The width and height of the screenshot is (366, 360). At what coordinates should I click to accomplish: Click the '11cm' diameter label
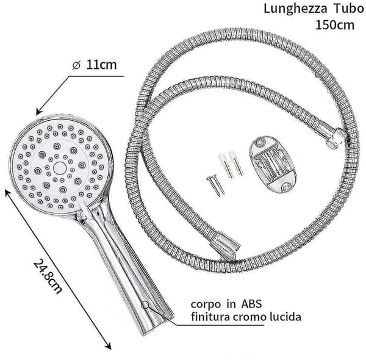click(101, 65)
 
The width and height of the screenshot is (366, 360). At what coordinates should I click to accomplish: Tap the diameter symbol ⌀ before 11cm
click(76, 65)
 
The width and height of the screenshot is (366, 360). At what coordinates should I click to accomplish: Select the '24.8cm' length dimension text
click(48, 276)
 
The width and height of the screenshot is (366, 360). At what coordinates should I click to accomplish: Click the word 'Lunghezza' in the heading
click(295, 10)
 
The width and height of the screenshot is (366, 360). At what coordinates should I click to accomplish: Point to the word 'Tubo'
click(349, 9)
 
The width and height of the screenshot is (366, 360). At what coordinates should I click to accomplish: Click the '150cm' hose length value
click(335, 25)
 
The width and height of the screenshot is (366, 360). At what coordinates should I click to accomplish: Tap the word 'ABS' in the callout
click(251, 304)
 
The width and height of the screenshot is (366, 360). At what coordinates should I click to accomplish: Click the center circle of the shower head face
click(60, 168)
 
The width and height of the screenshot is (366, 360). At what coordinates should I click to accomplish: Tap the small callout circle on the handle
click(145, 304)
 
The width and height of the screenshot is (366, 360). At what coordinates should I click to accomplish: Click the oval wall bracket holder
click(273, 165)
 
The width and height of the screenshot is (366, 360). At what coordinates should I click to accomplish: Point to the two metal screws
click(215, 185)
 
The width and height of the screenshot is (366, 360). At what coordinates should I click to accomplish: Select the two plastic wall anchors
click(231, 165)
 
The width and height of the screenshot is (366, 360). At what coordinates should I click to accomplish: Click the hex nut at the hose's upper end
click(335, 139)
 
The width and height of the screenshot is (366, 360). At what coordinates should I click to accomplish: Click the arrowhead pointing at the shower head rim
click(39, 112)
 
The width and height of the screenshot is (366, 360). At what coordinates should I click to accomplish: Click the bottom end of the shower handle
click(154, 327)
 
